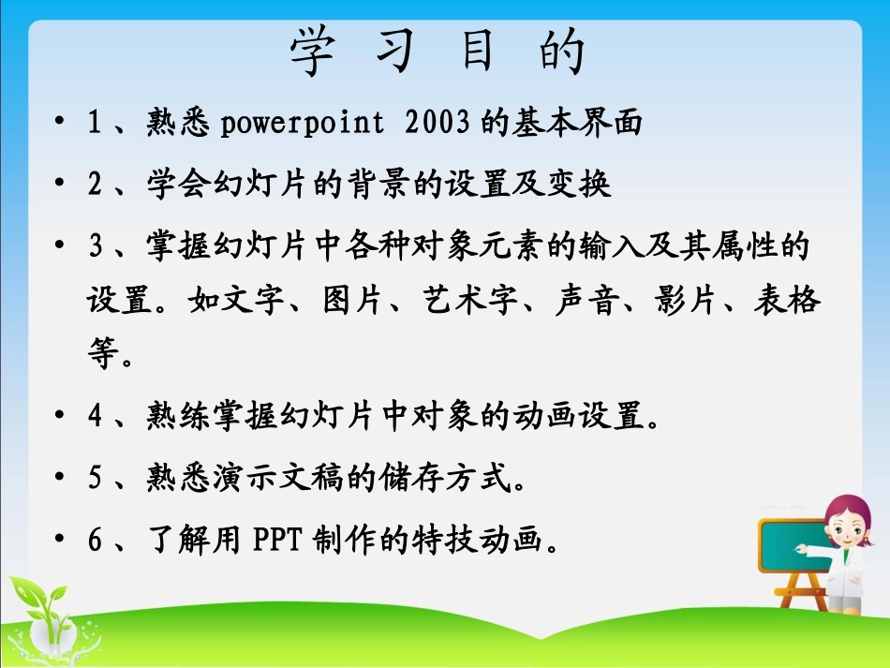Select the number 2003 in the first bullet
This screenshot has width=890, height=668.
click(x=438, y=124)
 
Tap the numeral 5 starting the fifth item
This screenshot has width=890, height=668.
click(x=95, y=480)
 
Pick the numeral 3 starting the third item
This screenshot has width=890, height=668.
click(x=95, y=248)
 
